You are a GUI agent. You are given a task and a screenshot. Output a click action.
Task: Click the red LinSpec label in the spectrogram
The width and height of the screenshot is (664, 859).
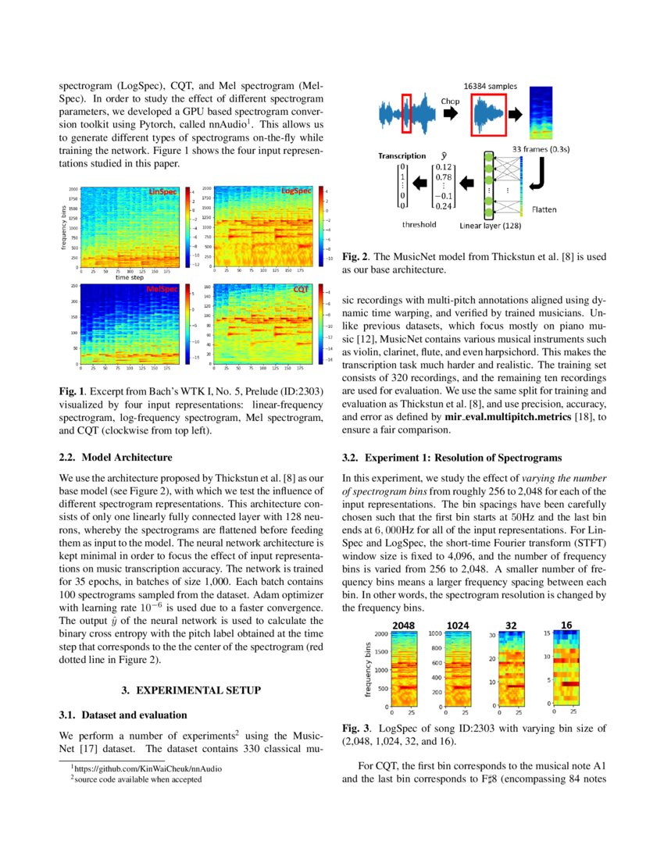[162, 191]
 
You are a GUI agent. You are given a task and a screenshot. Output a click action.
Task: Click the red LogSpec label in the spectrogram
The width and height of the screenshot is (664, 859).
[296, 191]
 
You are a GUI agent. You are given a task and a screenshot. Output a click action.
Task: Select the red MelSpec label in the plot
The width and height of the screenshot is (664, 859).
[162, 290]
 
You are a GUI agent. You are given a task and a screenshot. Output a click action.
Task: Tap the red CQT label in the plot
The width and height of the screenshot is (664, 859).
[301, 289]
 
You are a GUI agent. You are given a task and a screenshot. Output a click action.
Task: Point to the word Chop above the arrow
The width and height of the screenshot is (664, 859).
[450, 101]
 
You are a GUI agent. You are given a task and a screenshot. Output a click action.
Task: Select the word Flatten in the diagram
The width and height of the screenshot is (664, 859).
[544, 209]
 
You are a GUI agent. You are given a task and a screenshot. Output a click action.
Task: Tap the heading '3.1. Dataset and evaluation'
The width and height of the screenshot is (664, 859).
[123, 715]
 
